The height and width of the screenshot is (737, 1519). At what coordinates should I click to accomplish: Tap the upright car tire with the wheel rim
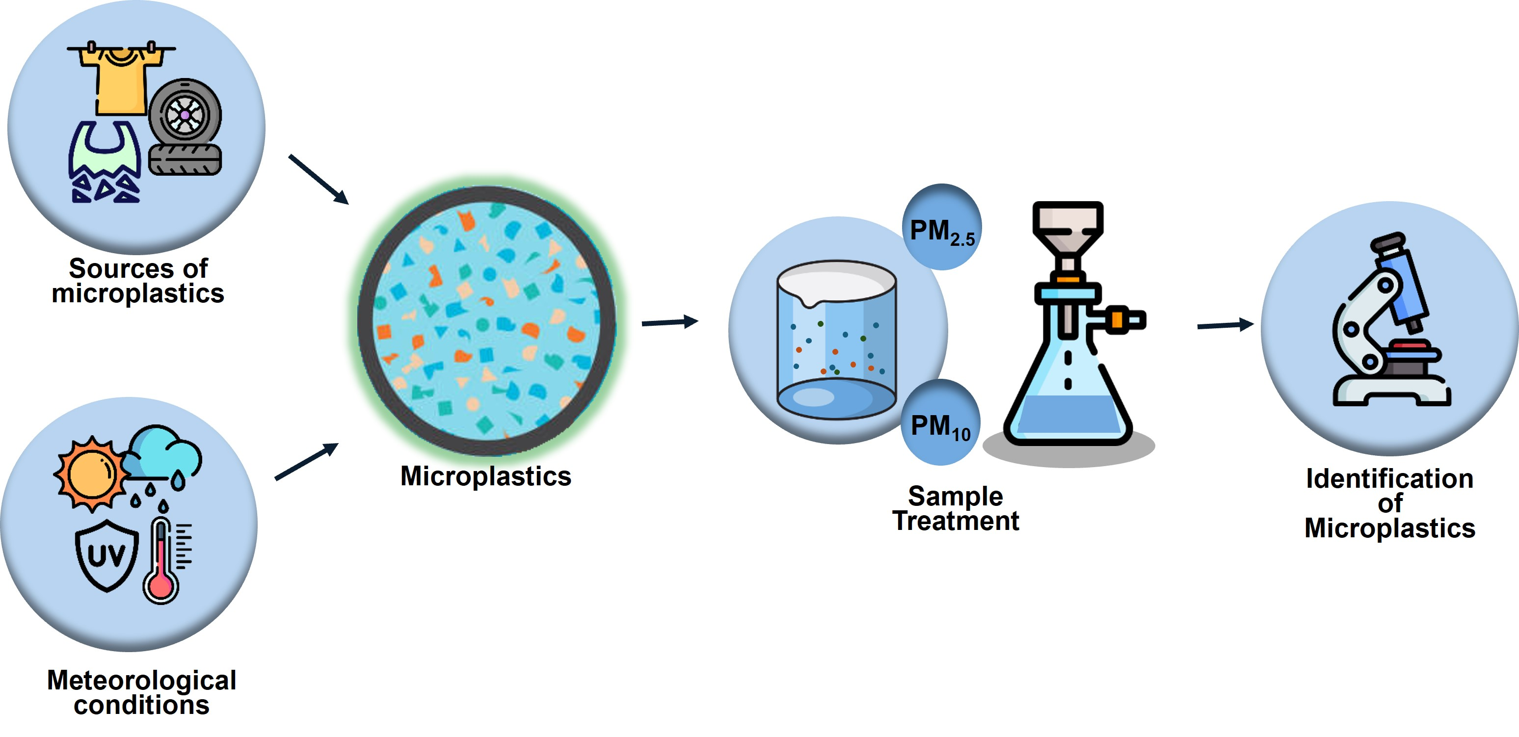pos(185,115)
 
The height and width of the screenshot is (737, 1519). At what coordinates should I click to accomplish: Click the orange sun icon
pos(91,473)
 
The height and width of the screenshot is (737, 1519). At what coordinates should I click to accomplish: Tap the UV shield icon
pos(107,555)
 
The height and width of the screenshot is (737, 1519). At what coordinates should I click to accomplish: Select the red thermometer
pos(160,560)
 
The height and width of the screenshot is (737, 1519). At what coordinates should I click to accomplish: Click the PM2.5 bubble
pos(942,228)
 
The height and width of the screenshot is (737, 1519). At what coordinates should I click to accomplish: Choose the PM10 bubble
pos(940,423)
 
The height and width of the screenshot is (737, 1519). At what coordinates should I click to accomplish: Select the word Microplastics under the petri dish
pos(485,476)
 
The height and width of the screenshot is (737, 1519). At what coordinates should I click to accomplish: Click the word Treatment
pos(955,521)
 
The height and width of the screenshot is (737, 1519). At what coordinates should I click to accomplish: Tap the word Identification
pos(1389,479)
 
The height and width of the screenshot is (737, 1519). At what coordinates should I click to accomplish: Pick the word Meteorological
pos(141,681)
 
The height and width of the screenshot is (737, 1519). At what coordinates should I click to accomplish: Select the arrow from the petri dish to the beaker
pos(670,322)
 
